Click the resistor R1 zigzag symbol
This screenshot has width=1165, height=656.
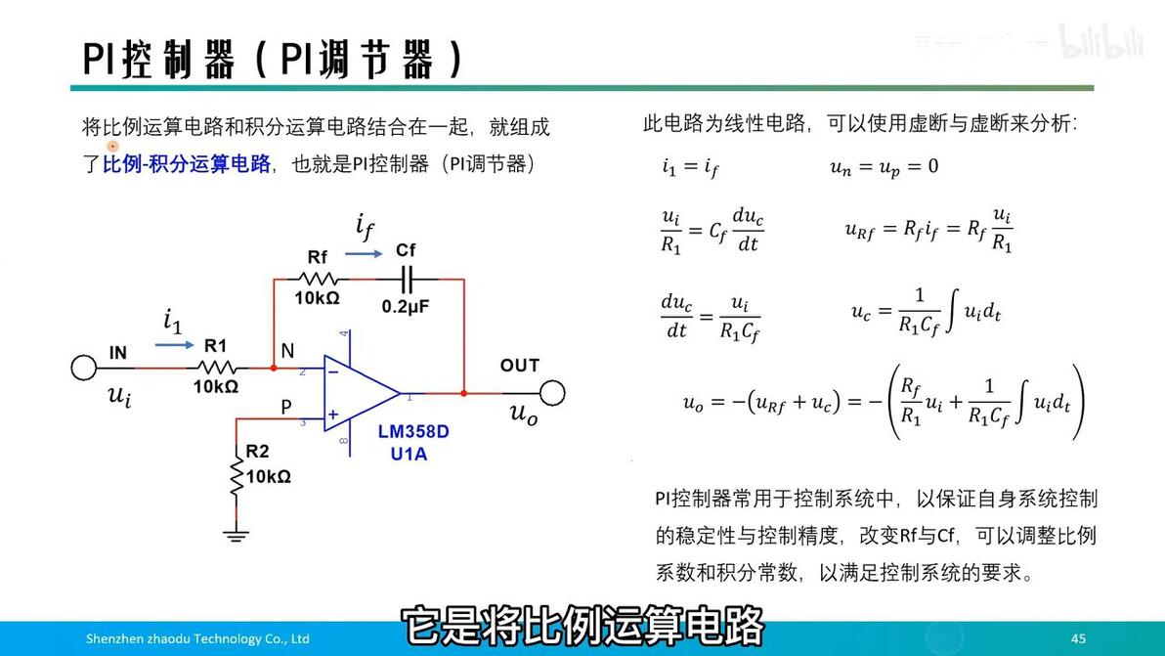click(216, 368)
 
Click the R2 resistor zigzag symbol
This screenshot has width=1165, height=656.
click(236, 475)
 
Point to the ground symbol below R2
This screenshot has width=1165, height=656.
click(236, 534)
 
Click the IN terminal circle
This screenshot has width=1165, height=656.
click(84, 368)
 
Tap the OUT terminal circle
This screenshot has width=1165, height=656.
click(553, 393)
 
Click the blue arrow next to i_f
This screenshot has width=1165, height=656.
click(364, 253)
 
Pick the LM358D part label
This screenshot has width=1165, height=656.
click(413, 431)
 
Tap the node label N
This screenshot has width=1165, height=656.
click(287, 349)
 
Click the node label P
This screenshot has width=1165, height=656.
click(286, 408)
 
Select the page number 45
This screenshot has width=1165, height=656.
click(1078, 638)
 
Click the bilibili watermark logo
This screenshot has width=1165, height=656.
click(1101, 42)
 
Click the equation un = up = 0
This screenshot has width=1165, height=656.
click(884, 167)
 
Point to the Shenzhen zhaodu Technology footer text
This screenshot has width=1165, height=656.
click(197, 638)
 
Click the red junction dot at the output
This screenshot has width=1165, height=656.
click(464, 393)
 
